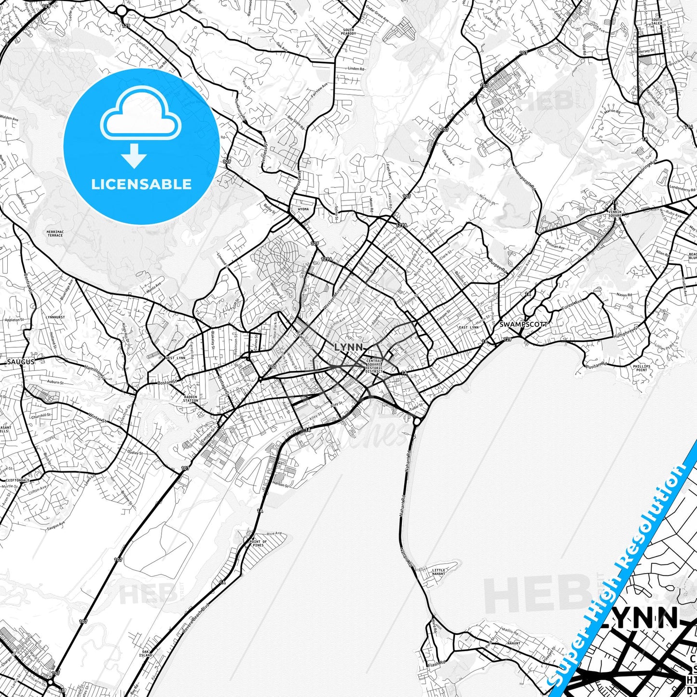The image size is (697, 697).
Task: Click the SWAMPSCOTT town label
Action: pyautogui.click(x=523, y=325)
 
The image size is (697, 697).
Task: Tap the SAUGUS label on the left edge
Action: pyautogui.click(x=21, y=361)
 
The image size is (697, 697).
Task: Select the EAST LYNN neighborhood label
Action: pyautogui.click(x=468, y=328)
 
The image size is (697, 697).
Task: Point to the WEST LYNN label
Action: pyautogui.click(x=175, y=358)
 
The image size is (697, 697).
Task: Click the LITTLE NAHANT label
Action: pyautogui.click(x=439, y=572)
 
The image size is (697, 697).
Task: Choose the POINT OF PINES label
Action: pyautogui.click(x=259, y=544)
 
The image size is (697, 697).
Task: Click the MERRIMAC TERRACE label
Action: pyautogui.click(x=55, y=233)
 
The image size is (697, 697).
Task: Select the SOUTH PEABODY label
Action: pyautogui.click(x=348, y=32)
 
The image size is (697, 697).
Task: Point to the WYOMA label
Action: pyautogui.click(x=303, y=210)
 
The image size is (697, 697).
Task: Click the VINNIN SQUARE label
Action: pyautogui.click(x=615, y=214)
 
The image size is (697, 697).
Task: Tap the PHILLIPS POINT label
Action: pyautogui.click(x=642, y=368)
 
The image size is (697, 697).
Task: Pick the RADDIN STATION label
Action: pyautogui.click(x=191, y=398)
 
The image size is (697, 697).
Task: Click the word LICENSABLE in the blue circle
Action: pyautogui.click(x=141, y=184)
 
